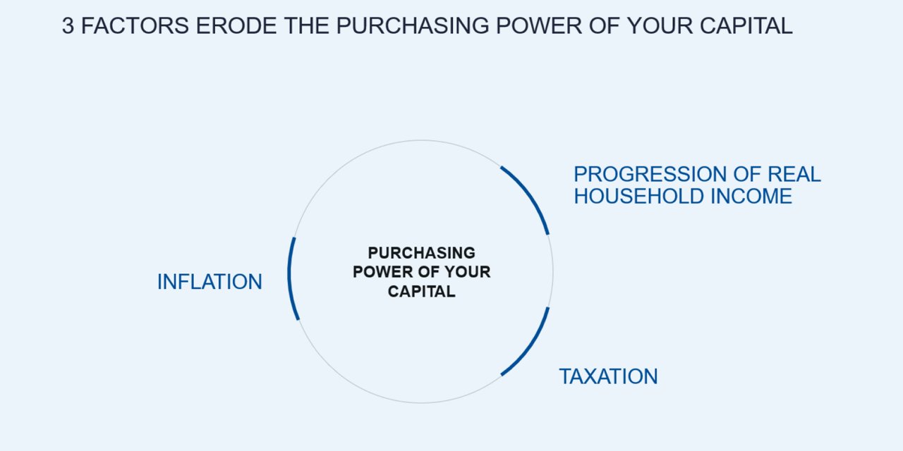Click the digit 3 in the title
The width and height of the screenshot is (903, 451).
(68, 26)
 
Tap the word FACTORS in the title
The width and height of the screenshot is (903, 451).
(135, 26)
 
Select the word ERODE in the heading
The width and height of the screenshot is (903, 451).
(236, 26)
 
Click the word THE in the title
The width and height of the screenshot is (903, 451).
(306, 26)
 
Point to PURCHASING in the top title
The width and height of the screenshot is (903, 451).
(413, 26)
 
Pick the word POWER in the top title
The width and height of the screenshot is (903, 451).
(539, 26)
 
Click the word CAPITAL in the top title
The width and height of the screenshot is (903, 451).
(746, 26)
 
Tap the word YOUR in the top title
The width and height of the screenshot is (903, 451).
(660, 26)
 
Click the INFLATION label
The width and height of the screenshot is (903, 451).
(210, 281)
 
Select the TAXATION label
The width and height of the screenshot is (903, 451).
(608, 376)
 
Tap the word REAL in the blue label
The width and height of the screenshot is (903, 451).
(794, 174)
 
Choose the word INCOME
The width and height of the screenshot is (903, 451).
(751, 196)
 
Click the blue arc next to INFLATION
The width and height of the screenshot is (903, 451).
(289, 278)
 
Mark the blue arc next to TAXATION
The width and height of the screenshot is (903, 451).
(531, 345)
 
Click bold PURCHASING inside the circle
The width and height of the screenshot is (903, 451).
(422, 253)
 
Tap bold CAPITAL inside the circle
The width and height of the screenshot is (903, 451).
(422, 291)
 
